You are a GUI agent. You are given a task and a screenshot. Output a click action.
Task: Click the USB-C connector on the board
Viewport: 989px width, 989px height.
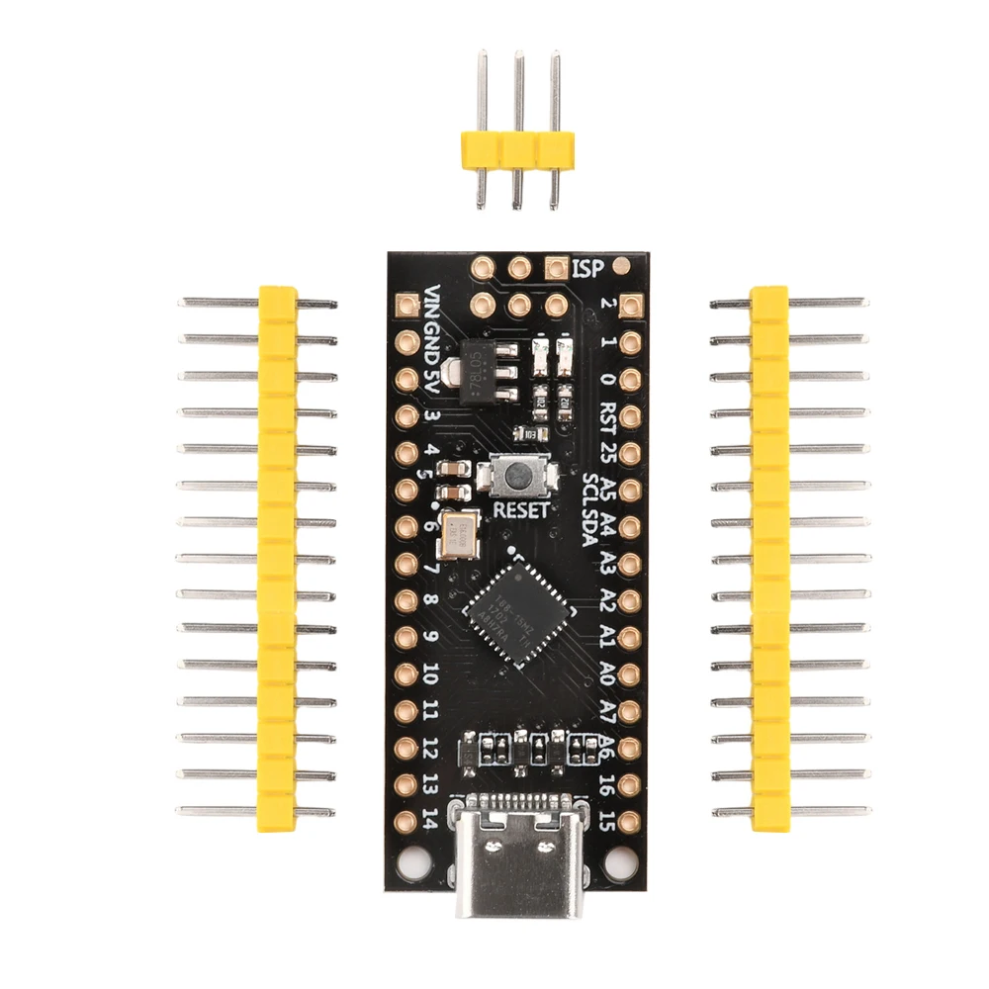(x=513, y=855)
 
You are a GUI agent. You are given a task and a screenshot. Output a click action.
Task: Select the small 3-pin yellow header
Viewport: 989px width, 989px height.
(x=514, y=148)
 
